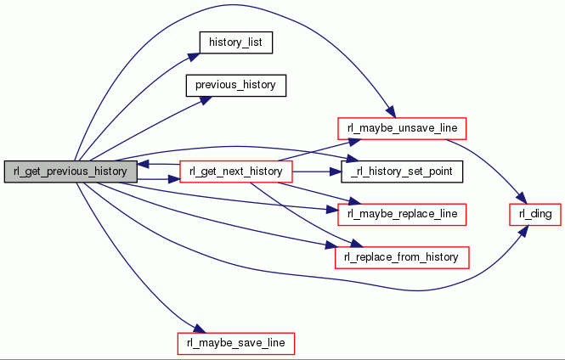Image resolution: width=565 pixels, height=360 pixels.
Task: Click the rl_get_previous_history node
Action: tap(71, 171)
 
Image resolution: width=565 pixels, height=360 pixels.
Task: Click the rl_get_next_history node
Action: tap(236, 172)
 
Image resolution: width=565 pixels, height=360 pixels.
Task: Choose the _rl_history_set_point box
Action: tap(402, 172)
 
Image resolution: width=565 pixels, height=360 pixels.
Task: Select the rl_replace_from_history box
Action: tap(403, 256)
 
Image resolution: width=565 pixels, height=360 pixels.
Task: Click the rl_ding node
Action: tap(534, 214)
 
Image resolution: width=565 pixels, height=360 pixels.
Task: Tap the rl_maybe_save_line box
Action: tap(235, 343)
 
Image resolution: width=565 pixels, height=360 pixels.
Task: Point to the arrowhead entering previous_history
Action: tap(203, 98)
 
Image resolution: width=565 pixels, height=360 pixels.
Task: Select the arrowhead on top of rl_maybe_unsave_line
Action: tap(390, 114)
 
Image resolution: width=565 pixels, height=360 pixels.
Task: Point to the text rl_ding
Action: tap(534, 214)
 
